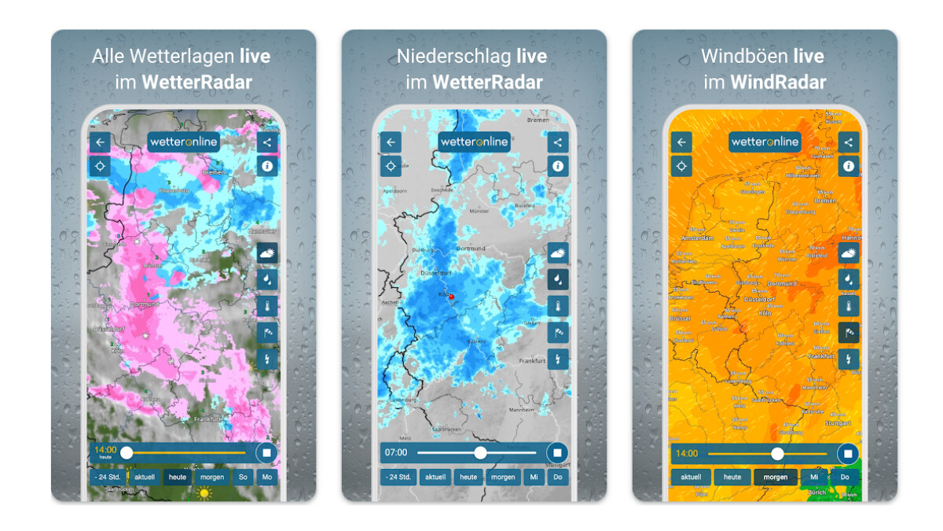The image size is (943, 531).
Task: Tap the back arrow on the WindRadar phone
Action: tap(681, 142)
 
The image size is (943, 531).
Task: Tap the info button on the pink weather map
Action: tap(267, 166)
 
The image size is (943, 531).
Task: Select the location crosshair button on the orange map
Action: tap(681, 166)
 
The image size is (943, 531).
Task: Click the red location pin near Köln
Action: tap(451, 297)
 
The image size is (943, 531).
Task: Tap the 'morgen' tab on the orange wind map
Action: tap(775, 477)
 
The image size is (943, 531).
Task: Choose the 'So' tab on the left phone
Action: tap(243, 477)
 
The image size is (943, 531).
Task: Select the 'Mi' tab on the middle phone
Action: tap(534, 477)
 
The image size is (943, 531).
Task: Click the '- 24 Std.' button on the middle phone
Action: tap(399, 477)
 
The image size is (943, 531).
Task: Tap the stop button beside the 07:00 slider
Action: tap(558, 452)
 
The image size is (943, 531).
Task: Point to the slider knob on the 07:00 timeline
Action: tap(480, 452)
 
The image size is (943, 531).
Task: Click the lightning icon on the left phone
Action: tap(267, 360)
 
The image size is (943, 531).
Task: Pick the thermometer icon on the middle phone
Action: tap(558, 306)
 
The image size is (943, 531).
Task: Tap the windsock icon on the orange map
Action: tap(849, 333)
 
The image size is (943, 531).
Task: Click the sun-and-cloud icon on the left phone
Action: tap(267, 253)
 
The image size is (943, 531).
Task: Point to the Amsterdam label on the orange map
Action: tap(687, 238)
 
